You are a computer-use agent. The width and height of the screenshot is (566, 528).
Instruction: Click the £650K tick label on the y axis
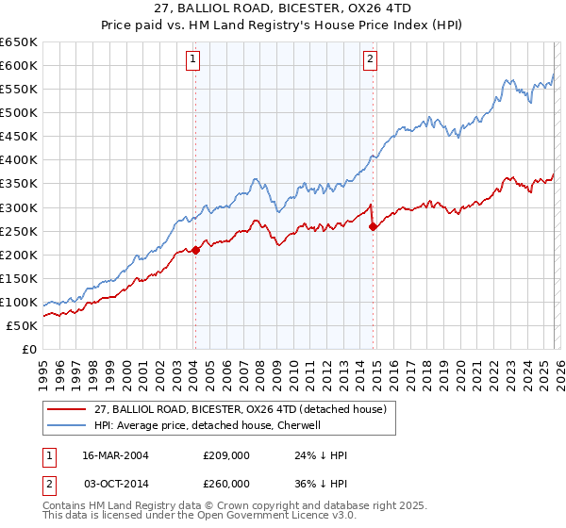pyautogui.click(x=19, y=42)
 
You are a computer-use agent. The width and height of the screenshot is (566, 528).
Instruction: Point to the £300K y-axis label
pyautogui.click(x=19, y=207)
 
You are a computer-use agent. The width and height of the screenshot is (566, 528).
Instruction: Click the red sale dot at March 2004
pyautogui.click(x=195, y=250)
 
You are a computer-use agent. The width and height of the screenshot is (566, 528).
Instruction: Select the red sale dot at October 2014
pyautogui.click(x=374, y=226)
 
